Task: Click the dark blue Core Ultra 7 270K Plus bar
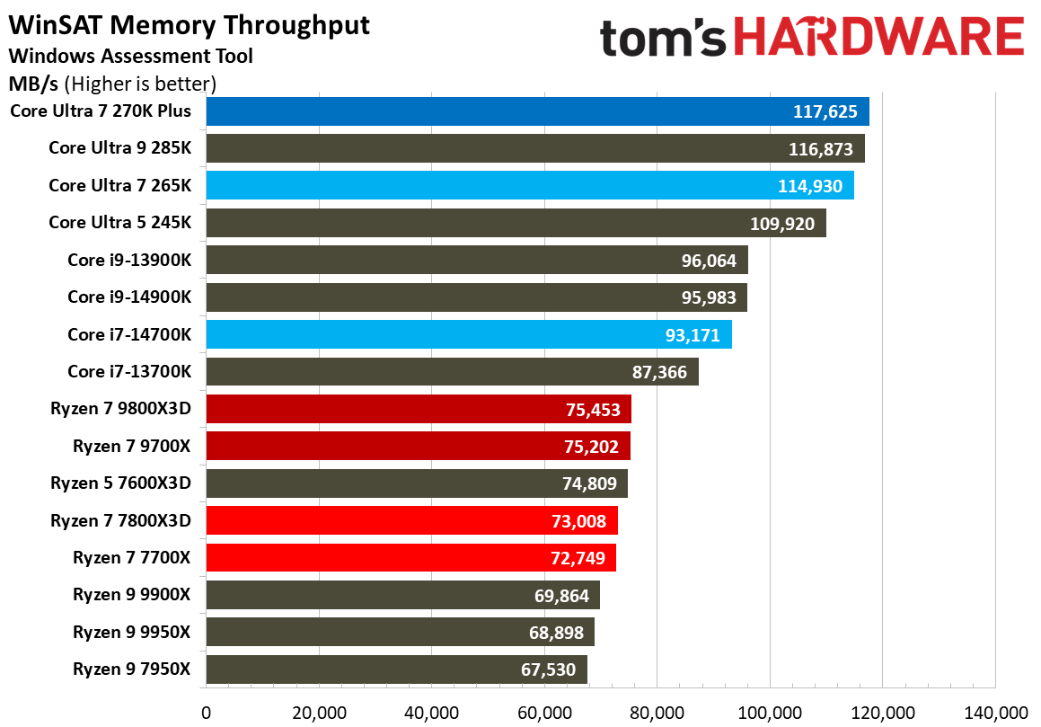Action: point(537,111)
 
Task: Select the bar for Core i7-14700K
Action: point(468,334)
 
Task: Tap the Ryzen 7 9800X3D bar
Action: point(419,409)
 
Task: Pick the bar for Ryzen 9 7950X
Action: point(396,669)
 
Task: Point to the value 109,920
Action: point(781,224)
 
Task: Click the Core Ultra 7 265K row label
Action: point(119,186)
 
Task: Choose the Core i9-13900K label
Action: point(128,261)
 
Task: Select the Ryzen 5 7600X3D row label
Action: point(120,483)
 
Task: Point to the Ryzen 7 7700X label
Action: point(131,558)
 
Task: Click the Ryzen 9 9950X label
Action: point(131,633)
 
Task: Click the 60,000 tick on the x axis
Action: point(544,713)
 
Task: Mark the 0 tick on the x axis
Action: point(207,713)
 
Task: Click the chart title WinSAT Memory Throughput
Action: point(189,25)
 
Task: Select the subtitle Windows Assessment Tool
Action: point(130,56)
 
